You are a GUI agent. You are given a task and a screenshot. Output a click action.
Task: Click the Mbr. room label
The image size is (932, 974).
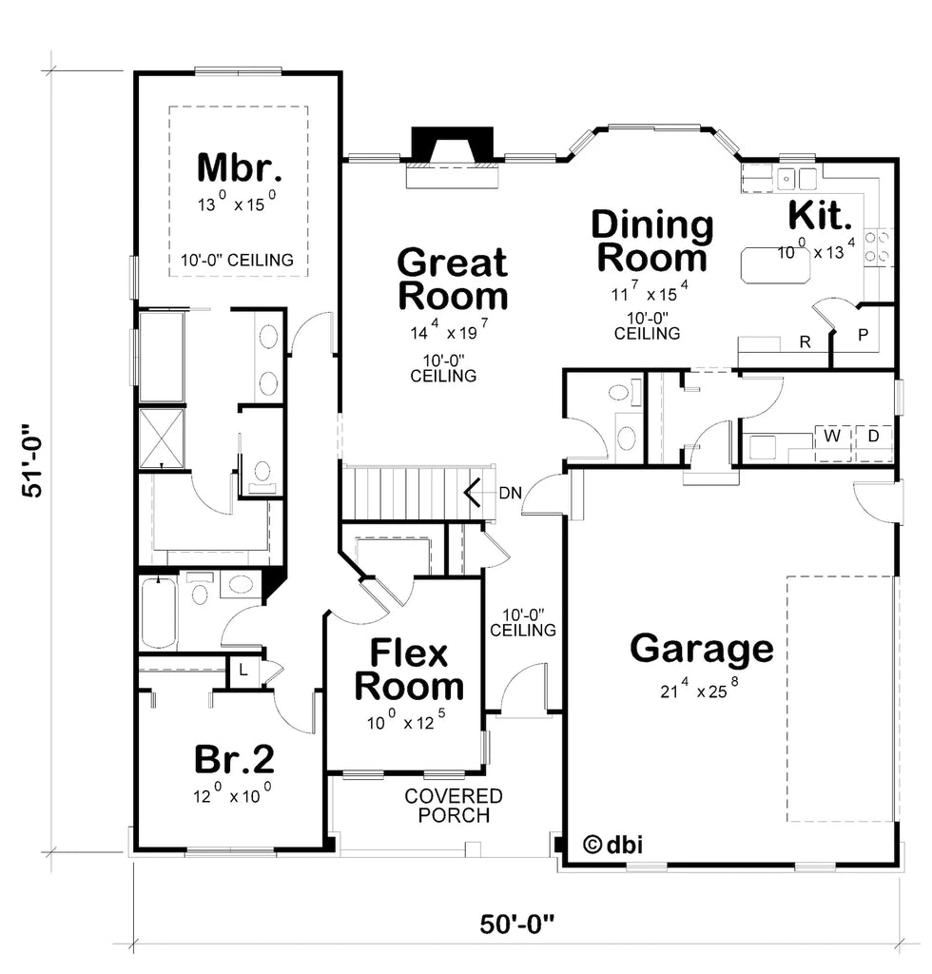click(x=239, y=167)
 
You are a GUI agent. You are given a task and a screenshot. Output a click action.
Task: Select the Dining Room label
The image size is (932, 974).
click(x=651, y=241)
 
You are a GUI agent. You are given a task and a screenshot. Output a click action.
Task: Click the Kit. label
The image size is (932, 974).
click(x=819, y=216)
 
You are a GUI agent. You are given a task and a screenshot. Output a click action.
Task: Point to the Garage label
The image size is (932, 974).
click(x=702, y=649)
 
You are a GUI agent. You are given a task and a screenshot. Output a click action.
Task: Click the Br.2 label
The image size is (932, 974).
click(x=235, y=758)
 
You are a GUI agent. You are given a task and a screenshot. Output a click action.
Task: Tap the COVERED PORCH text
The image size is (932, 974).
click(x=453, y=806)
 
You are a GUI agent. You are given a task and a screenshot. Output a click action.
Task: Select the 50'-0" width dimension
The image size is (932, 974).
click(x=517, y=923)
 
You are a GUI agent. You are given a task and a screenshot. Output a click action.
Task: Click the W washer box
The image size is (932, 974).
click(x=832, y=437)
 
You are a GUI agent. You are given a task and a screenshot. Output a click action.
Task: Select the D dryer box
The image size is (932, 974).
click(x=873, y=437)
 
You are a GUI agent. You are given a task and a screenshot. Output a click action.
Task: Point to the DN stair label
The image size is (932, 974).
click(x=510, y=493)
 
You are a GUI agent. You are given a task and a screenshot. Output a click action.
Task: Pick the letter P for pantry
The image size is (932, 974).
click(x=864, y=335)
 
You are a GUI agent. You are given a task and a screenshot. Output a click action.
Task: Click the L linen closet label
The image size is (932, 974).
click(x=243, y=670)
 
